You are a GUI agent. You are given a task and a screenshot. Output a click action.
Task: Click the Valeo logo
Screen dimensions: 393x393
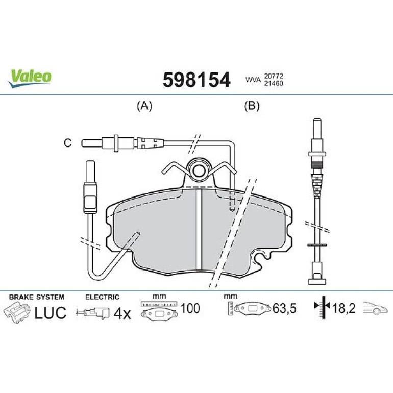[x=30, y=78]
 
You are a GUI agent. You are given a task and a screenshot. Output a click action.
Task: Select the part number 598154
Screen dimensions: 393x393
[x=196, y=80]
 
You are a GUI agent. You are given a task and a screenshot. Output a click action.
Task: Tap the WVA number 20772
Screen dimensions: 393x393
[x=273, y=76]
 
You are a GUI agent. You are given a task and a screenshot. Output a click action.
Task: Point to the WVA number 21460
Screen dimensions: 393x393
[x=273, y=83]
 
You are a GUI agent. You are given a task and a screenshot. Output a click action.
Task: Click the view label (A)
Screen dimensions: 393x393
[x=144, y=106]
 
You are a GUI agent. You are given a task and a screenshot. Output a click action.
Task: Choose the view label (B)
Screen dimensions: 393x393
[x=252, y=106]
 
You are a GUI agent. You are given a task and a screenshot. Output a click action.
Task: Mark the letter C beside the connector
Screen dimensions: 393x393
[x=68, y=143]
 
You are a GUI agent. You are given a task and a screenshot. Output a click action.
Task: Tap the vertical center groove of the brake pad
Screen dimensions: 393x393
[x=199, y=228]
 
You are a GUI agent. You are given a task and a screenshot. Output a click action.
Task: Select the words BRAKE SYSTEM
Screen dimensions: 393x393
[x=37, y=297]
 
